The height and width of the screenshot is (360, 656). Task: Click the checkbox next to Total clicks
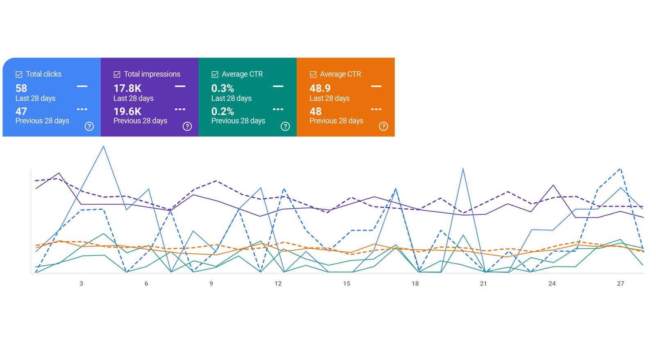[x=19, y=74]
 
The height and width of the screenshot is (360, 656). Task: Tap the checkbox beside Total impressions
[x=117, y=74]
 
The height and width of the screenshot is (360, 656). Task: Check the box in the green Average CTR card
[x=215, y=74]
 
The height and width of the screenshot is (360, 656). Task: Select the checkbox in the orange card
[x=313, y=74]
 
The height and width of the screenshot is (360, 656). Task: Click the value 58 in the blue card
[x=21, y=88]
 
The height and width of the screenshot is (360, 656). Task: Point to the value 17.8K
[x=128, y=88]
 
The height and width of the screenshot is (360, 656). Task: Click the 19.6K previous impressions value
[x=128, y=111]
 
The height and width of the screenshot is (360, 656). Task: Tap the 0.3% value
[x=223, y=88]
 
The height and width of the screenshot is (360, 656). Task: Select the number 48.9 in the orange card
[x=320, y=88]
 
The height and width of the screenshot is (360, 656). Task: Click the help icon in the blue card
[x=89, y=126]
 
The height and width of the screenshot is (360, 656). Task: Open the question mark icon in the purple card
[x=187, y=126]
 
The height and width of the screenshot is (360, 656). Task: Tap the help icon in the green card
[x=285, y=126]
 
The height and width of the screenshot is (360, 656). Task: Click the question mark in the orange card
[x=383, y=126]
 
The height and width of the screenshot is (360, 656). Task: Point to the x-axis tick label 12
[x=278, y=283]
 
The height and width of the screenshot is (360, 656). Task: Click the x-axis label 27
[x=620, y=283]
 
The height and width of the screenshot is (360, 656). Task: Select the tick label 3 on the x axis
[x=81, y=283]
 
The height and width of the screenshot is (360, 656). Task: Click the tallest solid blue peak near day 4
[x=103, y=147]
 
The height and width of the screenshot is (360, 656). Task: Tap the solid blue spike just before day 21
[x=463, y=169]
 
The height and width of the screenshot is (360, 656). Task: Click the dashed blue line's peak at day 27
[x=620, y=169]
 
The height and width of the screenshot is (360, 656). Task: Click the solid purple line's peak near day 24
[x=553, y=185]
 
